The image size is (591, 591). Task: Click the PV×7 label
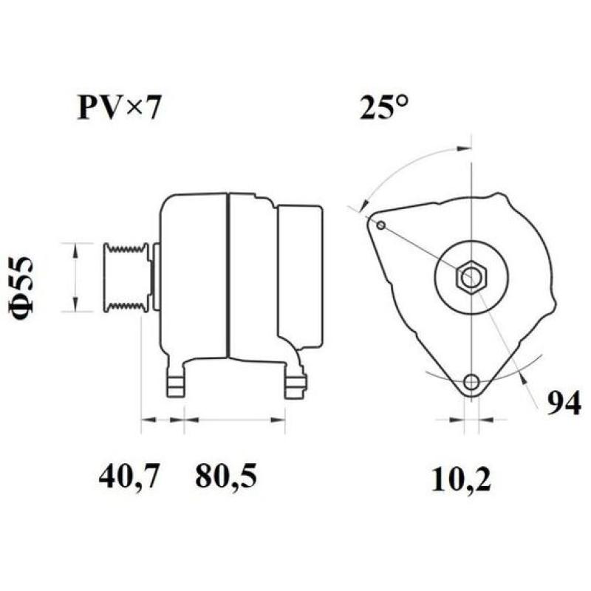tap(118, 108)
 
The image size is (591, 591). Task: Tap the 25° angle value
tap(384, 108)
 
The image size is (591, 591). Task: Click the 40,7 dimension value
tap(129, 477)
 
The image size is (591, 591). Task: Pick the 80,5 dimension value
tap(226, 477)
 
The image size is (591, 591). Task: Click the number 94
tap(564, 403)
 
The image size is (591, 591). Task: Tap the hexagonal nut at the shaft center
tap(471, 278)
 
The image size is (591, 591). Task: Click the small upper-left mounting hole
tap(380, 225)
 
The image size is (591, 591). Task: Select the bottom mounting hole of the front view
tap(471, 382)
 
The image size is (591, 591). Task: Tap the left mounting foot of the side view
tap(174, 383)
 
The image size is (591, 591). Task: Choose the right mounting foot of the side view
tap(295, 382)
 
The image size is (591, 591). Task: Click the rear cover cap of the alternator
tap(299, 275)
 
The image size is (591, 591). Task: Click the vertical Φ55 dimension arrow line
tap(74, 276)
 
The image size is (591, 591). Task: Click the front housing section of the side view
tap(194, 276)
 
